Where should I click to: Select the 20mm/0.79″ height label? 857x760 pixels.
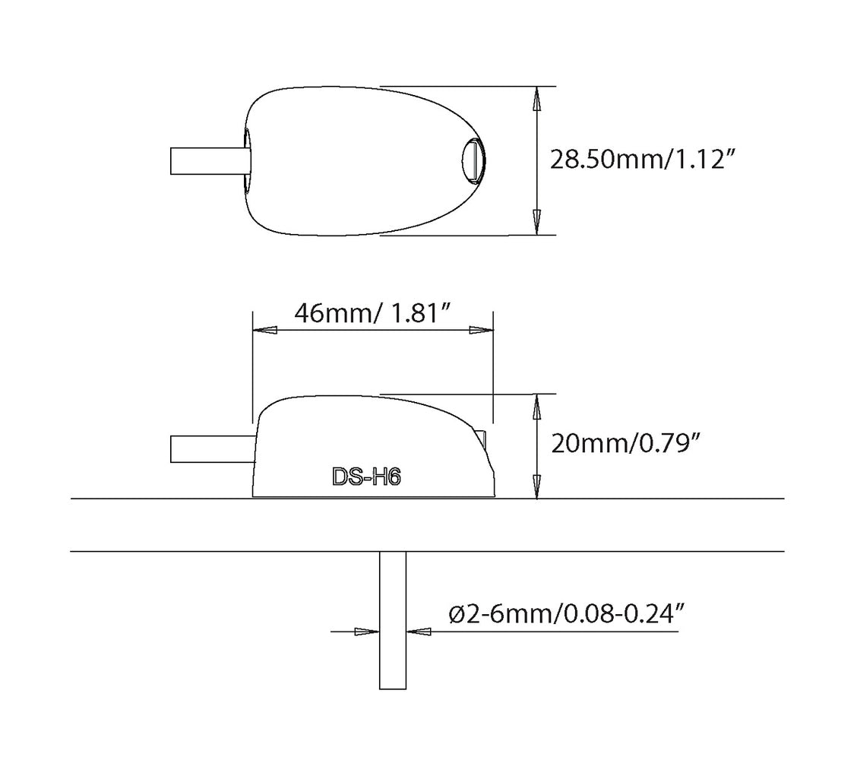(x=625, y=443)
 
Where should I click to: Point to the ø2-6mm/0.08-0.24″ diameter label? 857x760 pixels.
(x=567, y=615)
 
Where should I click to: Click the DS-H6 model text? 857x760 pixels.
(x=366, y=477)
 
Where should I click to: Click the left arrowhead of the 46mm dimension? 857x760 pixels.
(x=265, y=331)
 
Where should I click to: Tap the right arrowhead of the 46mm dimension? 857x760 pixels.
(x=481, y=331)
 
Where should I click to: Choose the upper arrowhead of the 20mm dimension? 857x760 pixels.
(x=537, y=407)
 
